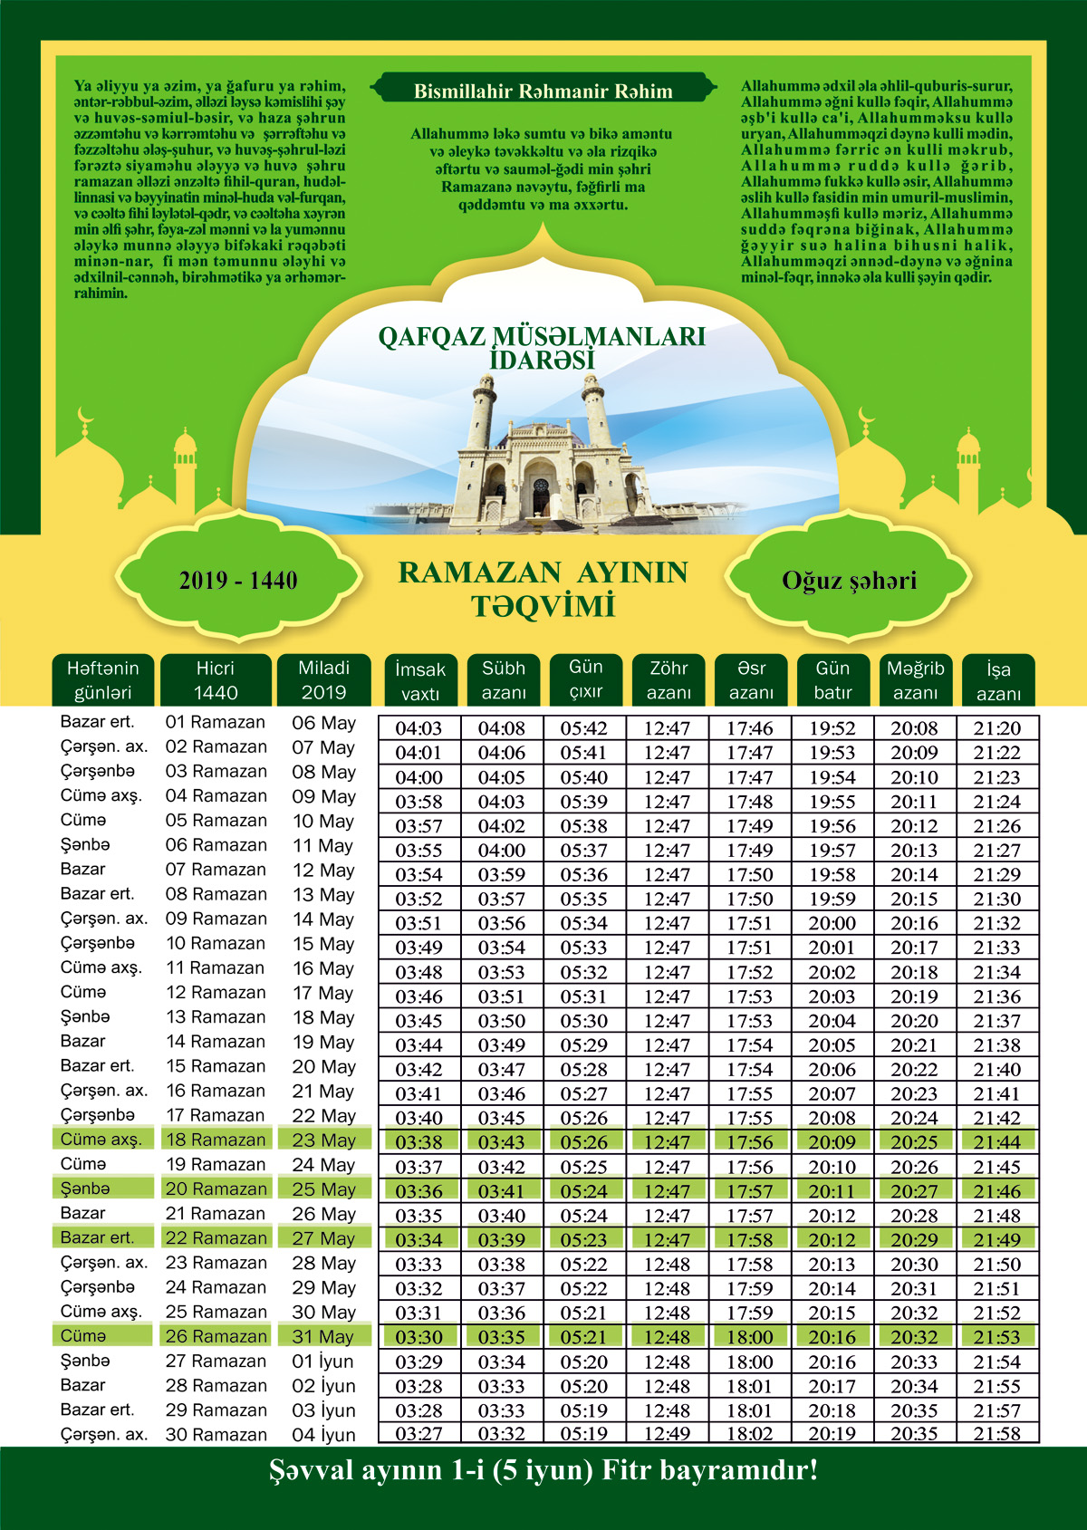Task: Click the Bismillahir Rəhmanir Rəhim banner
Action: tap(543, 91)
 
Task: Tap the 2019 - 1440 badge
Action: tap(238, 581)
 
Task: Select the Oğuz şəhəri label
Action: tap(849, 581)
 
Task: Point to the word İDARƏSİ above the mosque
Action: tap(542, 360)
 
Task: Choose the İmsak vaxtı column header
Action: tap(420, 681)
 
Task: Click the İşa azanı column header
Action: tap(998, 681)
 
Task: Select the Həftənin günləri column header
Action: tap(103, 680)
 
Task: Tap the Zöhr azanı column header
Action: tap(669, 680)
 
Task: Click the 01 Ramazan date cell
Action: tap(216, 723)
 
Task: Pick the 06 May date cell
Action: tap(323, 723)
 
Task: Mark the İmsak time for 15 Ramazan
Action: tap(419, 1070)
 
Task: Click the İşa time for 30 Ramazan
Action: tap(997, 1434)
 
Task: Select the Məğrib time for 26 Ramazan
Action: tap(915, 1337)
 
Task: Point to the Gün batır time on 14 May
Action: tap(832, 923)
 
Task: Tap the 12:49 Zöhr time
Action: tap(668, 1434)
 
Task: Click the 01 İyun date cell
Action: tap(322, 1362)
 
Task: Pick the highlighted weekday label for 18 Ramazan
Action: tap(101, 1140)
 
